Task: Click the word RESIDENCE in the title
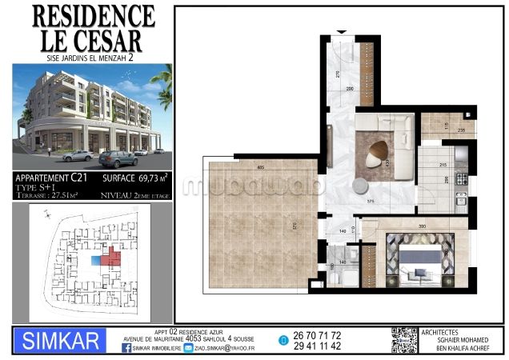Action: click(94, 15)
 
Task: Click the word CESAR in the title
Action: click(110, 40)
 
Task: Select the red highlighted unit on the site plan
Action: click(112, 258)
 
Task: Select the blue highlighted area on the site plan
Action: click(97, 261)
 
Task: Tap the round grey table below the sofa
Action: click(360, 186)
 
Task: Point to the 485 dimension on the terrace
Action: click(262, 167)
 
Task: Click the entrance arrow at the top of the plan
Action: click(343, 31)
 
